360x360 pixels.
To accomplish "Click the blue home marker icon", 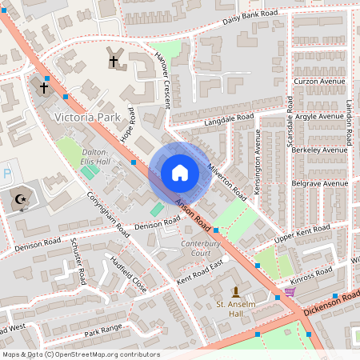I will (x=180, y=173).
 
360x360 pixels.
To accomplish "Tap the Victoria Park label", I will (x=86, y=117).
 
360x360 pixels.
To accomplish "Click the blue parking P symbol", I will (x=7, y=173).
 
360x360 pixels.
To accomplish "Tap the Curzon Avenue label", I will (x=319, y=82).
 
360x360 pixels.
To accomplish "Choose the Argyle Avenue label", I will (x=319, y=116).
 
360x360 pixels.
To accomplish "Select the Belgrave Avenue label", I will (x=319, y=183).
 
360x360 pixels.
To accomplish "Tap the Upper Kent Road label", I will (x=302, y=232).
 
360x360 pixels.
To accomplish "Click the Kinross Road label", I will (x=312, y=273).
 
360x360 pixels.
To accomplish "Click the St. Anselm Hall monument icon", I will (x=235, y=291).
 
